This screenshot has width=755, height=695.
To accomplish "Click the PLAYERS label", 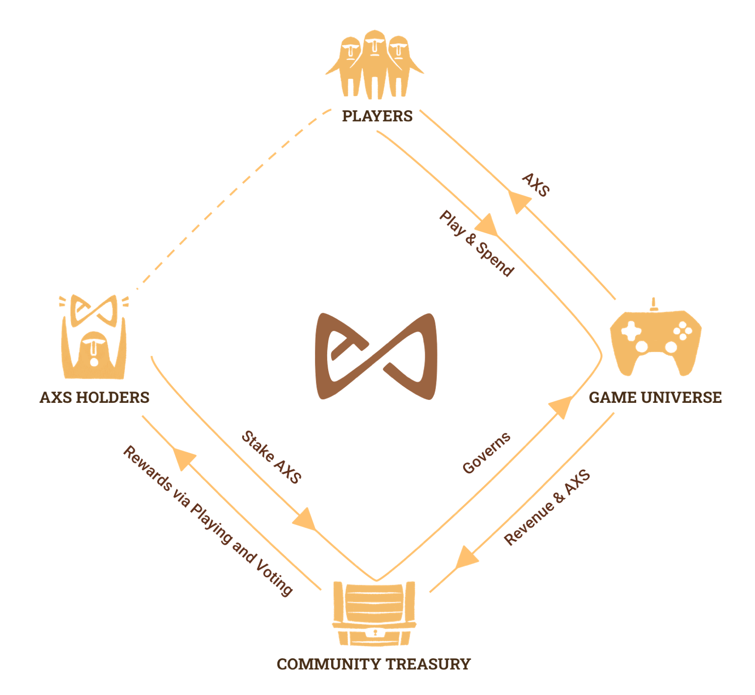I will (x=377, y=116).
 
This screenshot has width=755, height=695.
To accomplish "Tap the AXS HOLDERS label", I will (x=95, y=397).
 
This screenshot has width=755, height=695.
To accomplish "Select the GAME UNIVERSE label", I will (x=655, y=397).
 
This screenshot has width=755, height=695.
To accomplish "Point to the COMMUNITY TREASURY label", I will (x=373, y=664).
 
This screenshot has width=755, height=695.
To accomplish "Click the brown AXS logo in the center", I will (x=376, y=357).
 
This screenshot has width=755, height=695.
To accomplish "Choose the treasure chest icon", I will (x=374, y=614).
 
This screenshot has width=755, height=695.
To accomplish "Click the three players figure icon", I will (x=374, y=64).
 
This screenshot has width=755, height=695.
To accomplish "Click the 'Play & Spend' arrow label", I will (x=477, y=243).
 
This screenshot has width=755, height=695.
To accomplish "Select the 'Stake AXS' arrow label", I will (x=272, y=457).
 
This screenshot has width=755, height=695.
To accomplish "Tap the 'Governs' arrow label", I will (x=486, y=453).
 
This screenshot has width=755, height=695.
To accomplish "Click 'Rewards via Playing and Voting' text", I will (x=208, y=520).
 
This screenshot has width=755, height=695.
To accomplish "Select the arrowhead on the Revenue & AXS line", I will (x=466, y=558).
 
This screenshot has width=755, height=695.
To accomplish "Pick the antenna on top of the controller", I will (x=653, y=304).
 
